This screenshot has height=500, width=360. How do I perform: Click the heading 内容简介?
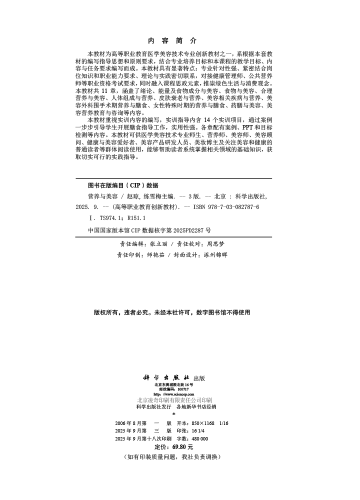173,40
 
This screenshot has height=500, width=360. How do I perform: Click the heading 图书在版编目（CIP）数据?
123,184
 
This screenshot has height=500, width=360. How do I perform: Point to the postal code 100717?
182,389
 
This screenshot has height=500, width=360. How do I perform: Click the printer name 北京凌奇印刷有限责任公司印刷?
174,400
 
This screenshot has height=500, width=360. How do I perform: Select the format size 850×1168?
205,423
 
